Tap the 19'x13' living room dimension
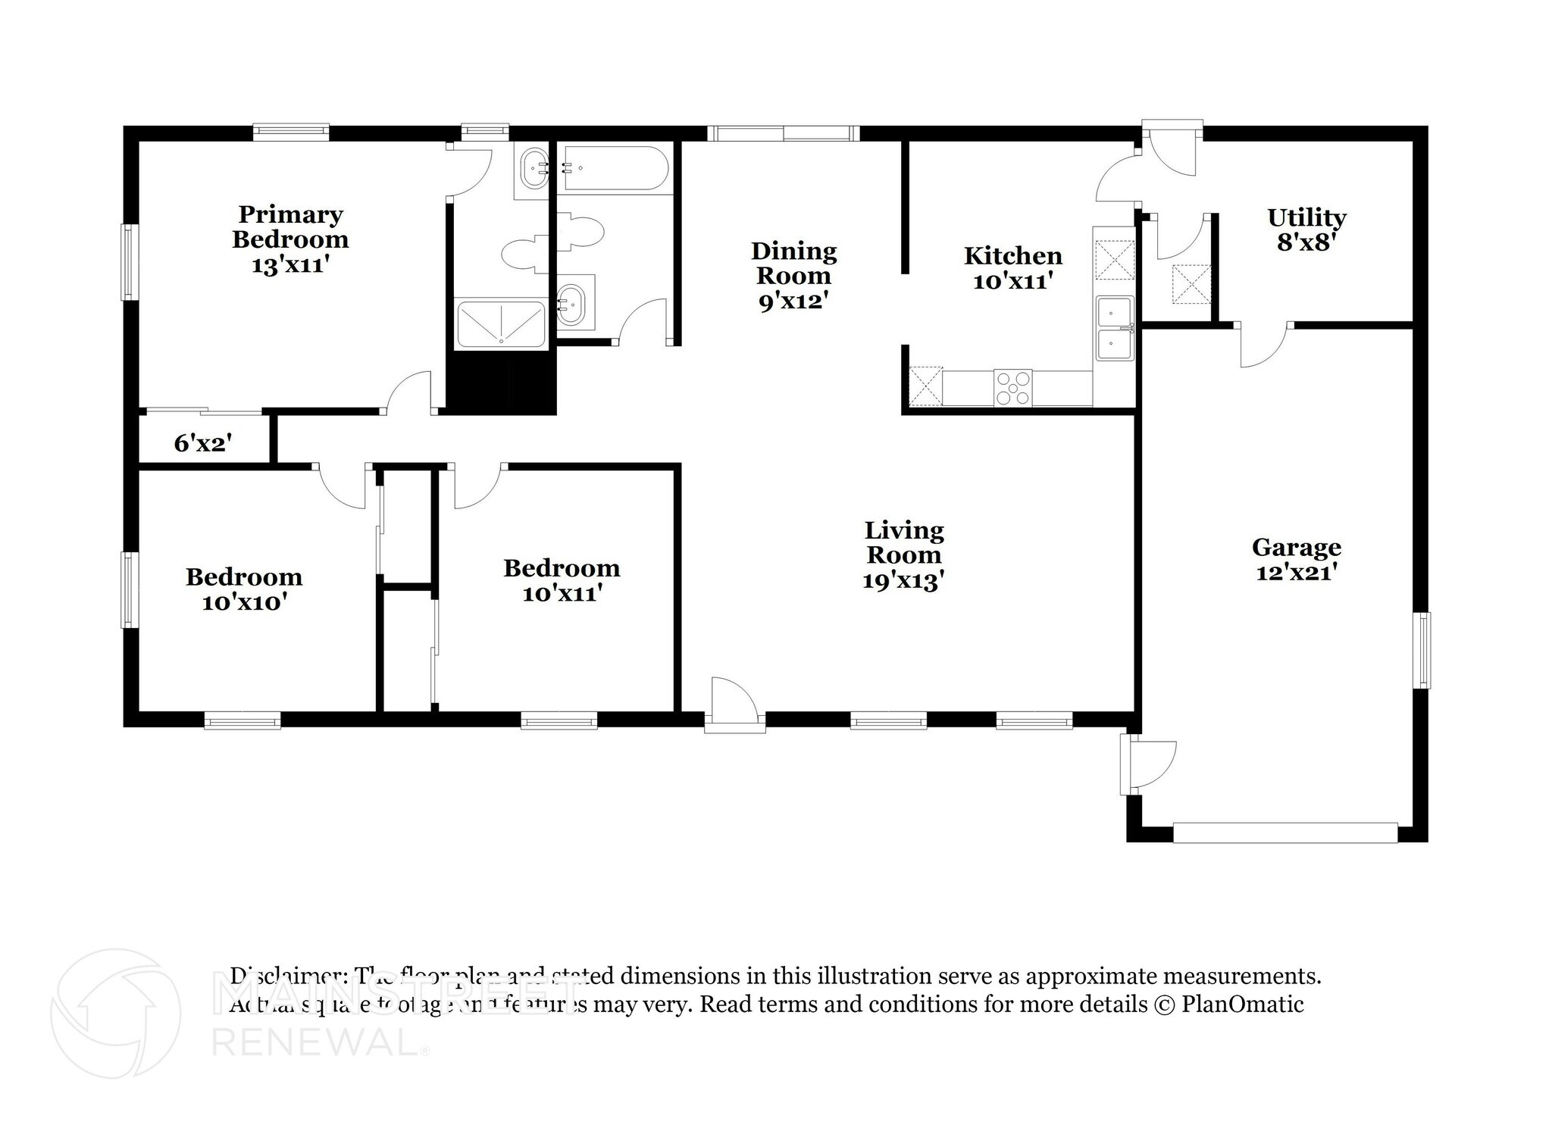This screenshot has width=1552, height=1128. [x=903, y=581]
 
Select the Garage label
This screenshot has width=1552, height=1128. [x=1296, y=546]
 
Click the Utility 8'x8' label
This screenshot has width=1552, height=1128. [x=1306, y=230]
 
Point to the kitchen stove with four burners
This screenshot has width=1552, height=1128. [x=1012, y=388]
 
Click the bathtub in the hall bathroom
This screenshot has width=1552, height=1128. [x=613, y=168]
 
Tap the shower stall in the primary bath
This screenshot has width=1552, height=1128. [x=500, y=325]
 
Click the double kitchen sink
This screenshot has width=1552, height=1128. [x=1114, y=328]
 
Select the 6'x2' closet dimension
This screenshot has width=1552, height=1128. [x=202, y=443]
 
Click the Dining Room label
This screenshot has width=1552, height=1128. [x=793, y=263]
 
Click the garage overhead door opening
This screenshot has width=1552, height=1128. [x=1284, y=833]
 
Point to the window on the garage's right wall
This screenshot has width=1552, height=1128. [x=1423, y=650]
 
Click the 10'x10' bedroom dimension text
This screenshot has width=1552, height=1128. [x=243, y=603]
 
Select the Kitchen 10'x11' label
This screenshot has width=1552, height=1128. [x=1012, y=268]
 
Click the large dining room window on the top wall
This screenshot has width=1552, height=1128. [x=783, y=134]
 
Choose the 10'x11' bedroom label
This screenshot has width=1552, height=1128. [x=562, y=580]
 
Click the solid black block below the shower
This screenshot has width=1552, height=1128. [x=500, y=383]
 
